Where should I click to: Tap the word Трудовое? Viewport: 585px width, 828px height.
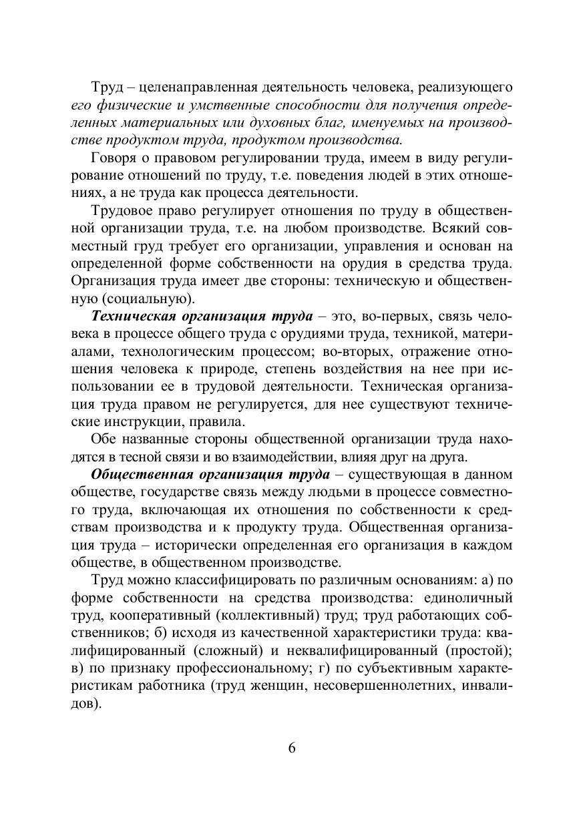(x=118, y=210)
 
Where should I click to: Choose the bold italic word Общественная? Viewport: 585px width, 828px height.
(x=136, y=474)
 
